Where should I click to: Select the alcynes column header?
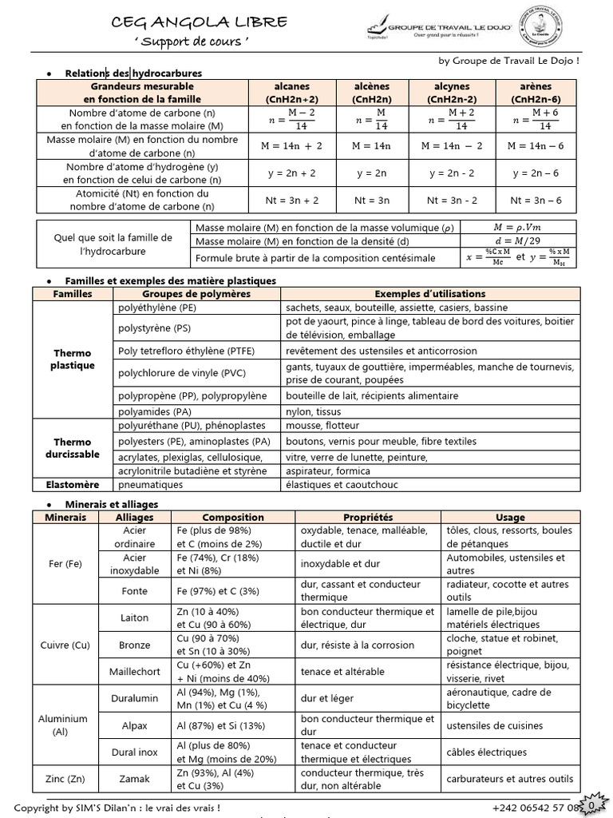tap(451, 93)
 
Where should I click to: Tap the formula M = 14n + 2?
tap(291, 146)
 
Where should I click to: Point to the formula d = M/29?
tap(524, 242)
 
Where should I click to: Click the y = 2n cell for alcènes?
tap(371, 173)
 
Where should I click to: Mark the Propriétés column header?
tap(368, 518)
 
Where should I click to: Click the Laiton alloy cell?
tap(134, 617)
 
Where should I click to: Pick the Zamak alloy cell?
tap(134, 779)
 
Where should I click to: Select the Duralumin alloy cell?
tap(134, 698)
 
